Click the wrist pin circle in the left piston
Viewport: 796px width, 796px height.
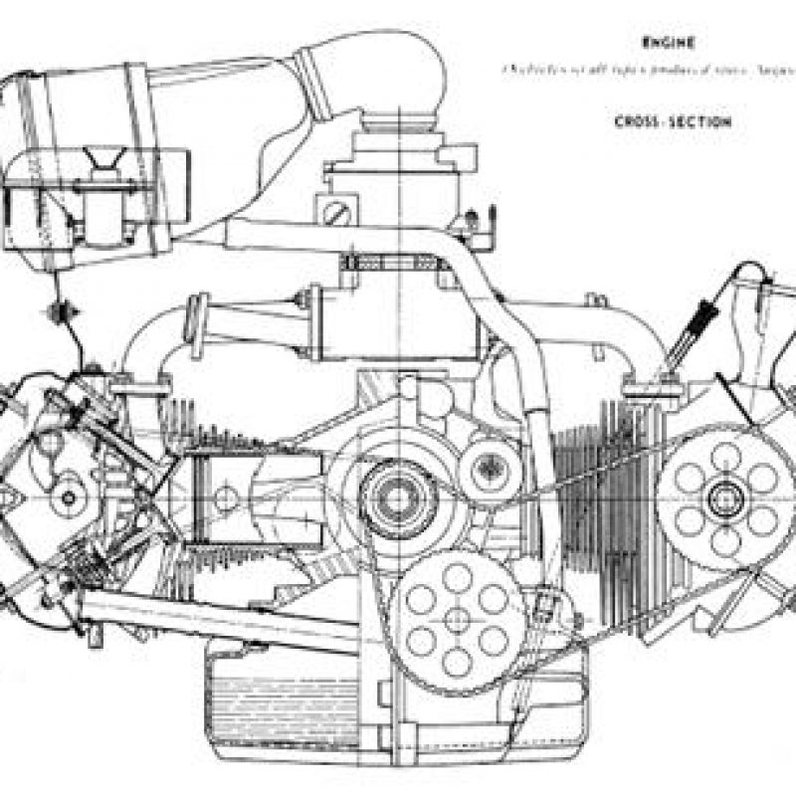[x=225, y=495]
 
